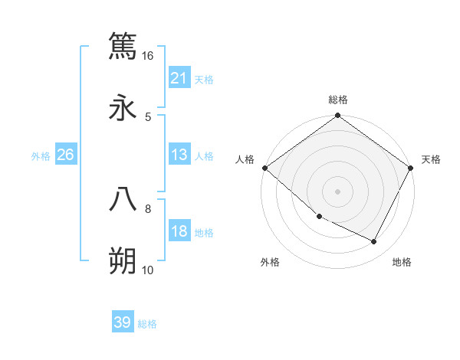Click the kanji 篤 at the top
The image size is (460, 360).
click(123, 45)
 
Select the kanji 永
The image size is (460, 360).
click(123, 107)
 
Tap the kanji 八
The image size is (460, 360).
click(123, 199)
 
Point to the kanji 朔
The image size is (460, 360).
click(123, 261)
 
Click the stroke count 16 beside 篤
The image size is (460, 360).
click(148, 56)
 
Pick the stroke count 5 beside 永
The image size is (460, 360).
click(148, 117)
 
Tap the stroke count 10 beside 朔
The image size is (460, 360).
click(148, 270)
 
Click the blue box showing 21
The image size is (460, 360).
click(179, 78)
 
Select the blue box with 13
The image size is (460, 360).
click(179, 155)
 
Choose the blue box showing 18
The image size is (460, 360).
click(179, 232)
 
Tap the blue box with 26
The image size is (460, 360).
click(65, 155)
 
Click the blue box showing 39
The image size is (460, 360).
click(123, 322)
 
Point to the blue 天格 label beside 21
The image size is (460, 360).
click(204, 79)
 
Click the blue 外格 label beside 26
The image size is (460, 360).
click(41, 156)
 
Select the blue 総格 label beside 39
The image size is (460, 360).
click(147, 324)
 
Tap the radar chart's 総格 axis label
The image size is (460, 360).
click(338, 100)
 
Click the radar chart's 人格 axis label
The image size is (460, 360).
click(245, 159)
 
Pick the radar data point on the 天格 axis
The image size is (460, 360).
click(411, 168)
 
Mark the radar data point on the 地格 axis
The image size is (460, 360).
click(374, 242)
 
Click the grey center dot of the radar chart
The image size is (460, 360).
click(337, 191)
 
